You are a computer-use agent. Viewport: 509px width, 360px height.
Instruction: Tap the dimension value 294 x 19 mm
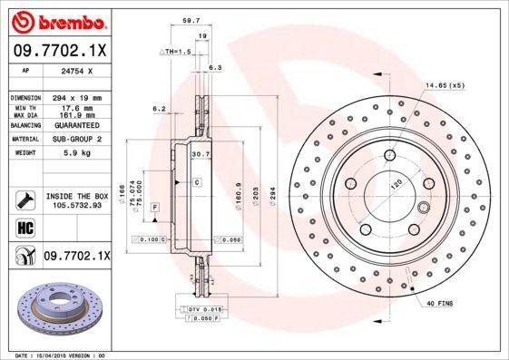pyautogui.click(x=76, y=96)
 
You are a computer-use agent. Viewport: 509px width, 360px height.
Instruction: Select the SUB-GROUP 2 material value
pyautogui.click(x=76, y=140)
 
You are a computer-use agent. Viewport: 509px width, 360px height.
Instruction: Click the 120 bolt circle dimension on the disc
pyautogui.click(x=396, y=182)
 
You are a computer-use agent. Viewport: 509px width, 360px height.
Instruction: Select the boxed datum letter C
pyautogui.click(x=197, y=182)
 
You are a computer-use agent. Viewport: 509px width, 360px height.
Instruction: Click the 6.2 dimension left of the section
pyautogui.click(x=159, y=108)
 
